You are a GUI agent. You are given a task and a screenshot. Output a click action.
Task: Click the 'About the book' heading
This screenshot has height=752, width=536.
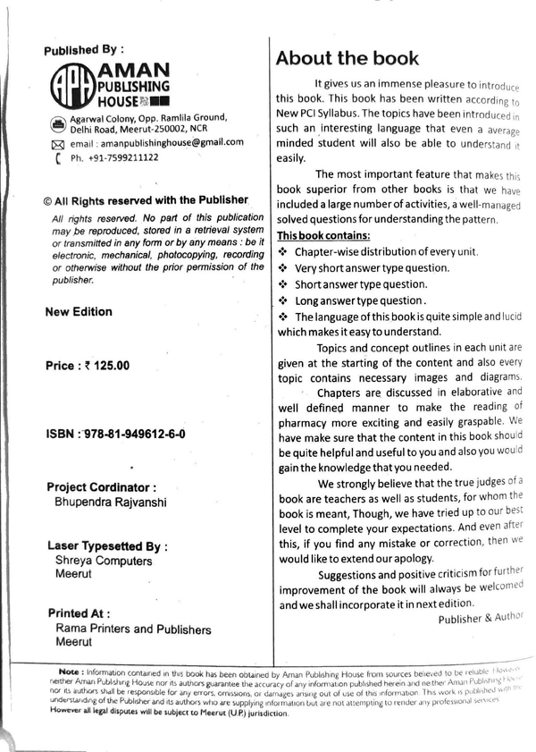pyautogui.click(x=347, y=59)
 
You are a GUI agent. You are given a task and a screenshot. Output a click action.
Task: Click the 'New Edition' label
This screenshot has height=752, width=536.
pyautogui.click(x=79, y=312)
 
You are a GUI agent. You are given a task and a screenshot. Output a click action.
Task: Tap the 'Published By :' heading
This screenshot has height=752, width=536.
pyautogui.click(x=84, y=51)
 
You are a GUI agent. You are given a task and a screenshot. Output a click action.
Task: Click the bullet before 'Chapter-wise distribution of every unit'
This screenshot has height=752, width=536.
pyautogui.click(x=282, y=252)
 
